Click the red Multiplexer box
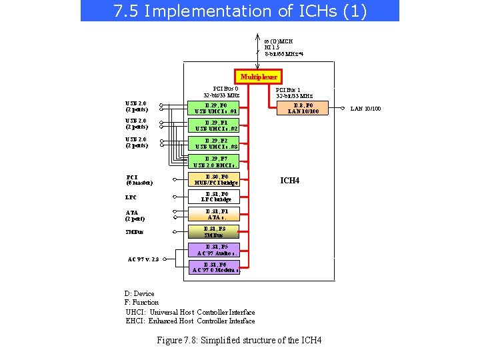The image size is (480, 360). pyautogui.click(x=259, y=77)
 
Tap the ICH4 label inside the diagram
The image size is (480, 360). pyautogui.click(x=289, y=180)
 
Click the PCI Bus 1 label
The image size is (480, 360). pyautogui.click(x=294, y=93)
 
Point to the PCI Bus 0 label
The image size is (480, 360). pyautogui.click(x=222, y=92)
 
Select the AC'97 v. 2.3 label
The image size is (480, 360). pyautogui.click(x=143, y=259)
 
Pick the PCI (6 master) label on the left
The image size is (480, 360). pyautogui.click(x=139, y=180)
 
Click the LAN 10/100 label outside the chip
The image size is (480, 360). pyautogui.click(x=366, y=109)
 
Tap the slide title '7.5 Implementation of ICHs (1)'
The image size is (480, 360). pyautogui.click(x=240, y=11)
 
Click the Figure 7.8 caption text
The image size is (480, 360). pyautogui.click(x=239, y=340)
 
